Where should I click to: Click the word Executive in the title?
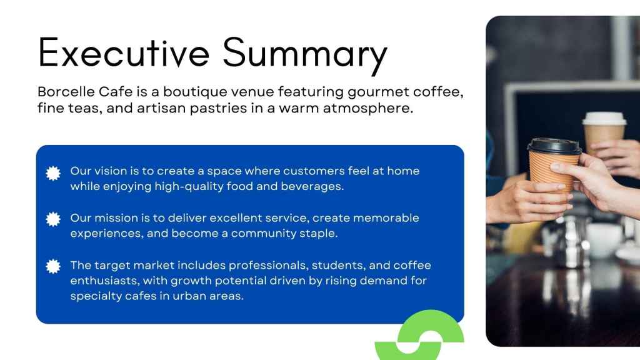coord(124,52)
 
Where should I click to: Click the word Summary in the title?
coord(305,56)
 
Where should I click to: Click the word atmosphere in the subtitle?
coord(367,109)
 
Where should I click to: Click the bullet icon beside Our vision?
coord(53,174)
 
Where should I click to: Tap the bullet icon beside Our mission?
coord(53,219)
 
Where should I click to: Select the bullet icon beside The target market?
coord(53,266)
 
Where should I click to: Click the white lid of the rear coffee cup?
coord(604,118)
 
